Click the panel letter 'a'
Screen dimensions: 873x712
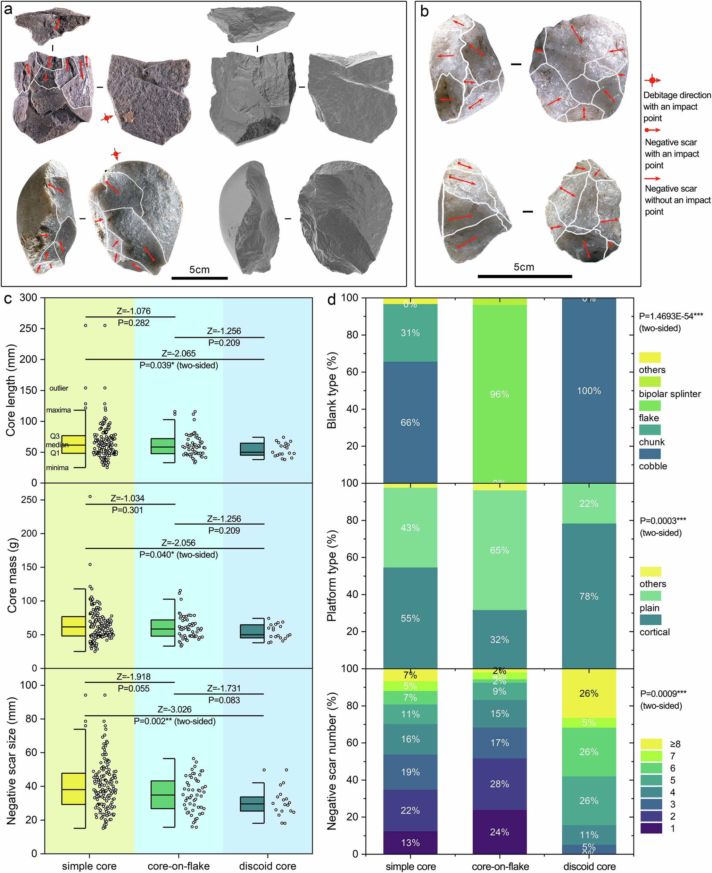[8, 9]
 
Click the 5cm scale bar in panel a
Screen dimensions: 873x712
[199, 278]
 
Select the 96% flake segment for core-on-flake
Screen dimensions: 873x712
[499, 394]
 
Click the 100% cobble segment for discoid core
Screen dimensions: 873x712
[589, 390]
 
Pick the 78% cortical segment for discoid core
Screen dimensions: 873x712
[589, 596]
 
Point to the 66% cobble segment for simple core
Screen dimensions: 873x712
[410, 422]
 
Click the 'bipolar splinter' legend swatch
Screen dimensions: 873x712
[650, 381]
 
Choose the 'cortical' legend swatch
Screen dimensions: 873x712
[650, 620]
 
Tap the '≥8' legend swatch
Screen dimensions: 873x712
[651, 744]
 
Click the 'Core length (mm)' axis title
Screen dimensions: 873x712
[11, 390]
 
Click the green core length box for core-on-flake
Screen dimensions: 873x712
[163, 446]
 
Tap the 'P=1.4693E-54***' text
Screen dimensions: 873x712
[671, 316]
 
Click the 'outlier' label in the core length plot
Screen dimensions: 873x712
[59, 388]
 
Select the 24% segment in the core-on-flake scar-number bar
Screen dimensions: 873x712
[499, 832]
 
